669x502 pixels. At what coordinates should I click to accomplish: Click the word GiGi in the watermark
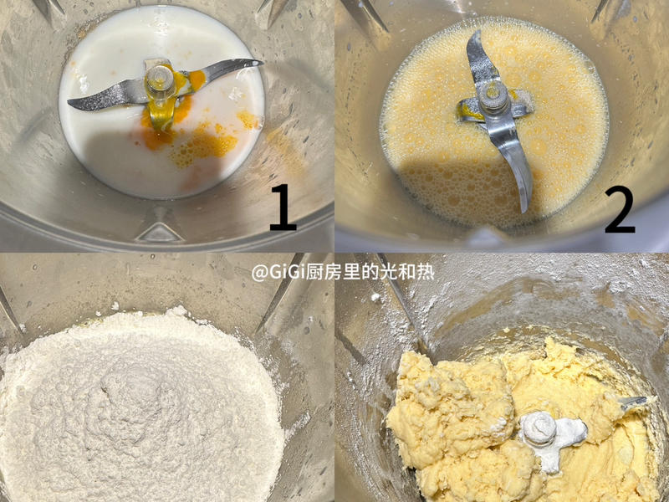pos(289,272)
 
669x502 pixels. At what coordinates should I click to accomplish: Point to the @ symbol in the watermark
pos(261,272)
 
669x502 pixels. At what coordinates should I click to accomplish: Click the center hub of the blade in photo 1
pos(159,80)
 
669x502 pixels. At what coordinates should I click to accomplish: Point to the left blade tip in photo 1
pos(75,104)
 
